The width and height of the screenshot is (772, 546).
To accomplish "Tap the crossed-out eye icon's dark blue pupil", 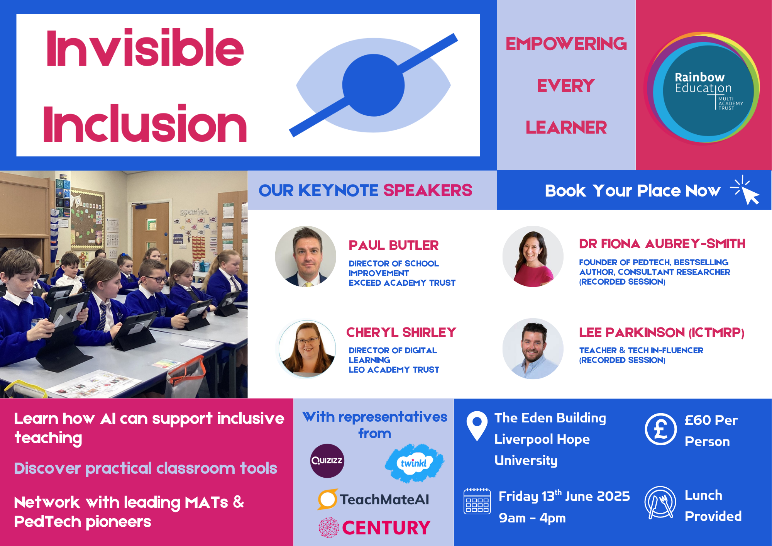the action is tap(373, 85).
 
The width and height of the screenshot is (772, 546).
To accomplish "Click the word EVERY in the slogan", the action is tap(566, 86).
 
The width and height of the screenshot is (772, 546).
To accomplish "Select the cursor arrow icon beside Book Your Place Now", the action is tap(746, 190).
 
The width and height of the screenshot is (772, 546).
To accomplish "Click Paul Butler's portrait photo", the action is tap(306, 256).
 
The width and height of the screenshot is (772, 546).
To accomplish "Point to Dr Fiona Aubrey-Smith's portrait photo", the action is tap(533, 256).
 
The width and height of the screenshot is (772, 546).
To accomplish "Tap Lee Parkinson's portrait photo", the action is tap(533, 349).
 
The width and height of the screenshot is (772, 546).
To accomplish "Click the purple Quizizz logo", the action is tap(327, 461).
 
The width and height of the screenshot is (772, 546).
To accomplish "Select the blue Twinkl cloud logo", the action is tap(414, 463).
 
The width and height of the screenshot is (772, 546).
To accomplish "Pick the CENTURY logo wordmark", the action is tap(386, 528).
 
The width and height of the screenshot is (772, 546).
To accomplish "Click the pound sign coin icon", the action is tap(660, 429).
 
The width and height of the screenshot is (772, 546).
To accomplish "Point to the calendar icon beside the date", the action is tap(477, 501).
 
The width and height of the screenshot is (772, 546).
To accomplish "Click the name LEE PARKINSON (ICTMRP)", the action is tap(662, 332).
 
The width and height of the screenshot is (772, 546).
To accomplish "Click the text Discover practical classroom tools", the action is tap(146, 468).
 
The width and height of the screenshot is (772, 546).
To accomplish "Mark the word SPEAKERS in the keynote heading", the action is tap(428, 190).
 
